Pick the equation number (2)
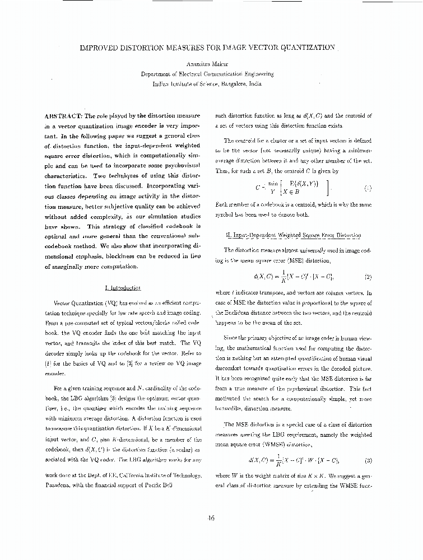click(x=368, y=277)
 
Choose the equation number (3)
click(x=368, y=461)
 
